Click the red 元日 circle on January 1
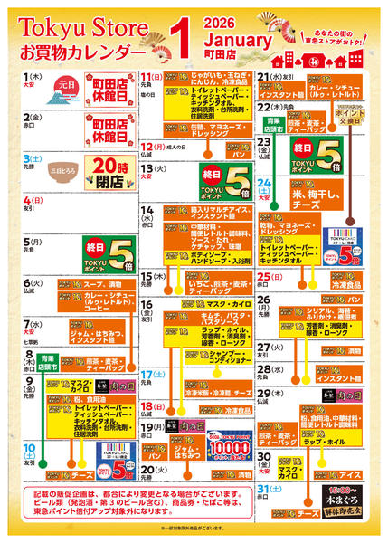coord(66,83)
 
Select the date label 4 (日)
coord(33,201)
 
